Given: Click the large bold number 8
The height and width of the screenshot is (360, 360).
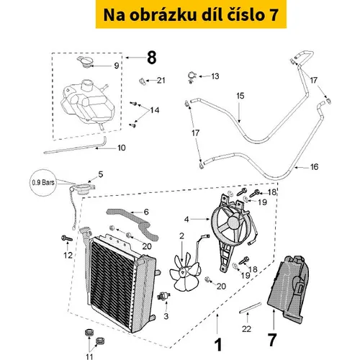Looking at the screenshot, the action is point(152,58).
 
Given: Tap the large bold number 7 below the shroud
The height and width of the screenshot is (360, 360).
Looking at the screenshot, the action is point(272,340).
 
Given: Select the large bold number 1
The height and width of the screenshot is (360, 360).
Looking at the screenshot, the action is point(218,345).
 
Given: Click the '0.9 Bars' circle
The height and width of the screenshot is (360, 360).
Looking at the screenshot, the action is point(43,182).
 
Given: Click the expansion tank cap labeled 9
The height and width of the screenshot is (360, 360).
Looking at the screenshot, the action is point(86,62).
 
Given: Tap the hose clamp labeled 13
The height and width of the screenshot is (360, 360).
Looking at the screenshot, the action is point(192,77).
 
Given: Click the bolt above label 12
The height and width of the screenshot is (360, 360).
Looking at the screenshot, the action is point(67,238).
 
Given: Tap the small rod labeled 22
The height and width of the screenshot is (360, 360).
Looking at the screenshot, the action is point(250,308).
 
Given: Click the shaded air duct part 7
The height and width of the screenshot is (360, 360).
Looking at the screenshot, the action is point(288,289).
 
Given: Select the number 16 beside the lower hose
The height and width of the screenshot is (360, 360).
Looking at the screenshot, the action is point(314,167).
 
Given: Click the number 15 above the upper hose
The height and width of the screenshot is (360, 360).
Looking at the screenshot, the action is point(240,96).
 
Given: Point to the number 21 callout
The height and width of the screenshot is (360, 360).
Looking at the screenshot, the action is point(161,81).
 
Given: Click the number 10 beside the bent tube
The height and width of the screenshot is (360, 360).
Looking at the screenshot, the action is point(122,148).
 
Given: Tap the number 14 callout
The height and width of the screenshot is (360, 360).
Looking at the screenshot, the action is point(155,110).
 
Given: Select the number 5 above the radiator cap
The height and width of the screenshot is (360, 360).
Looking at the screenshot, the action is point(101,174).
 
